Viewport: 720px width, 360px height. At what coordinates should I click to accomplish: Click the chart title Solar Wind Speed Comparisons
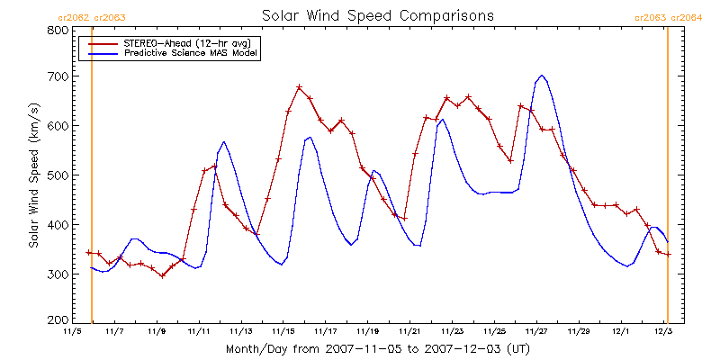[x=377, y=15]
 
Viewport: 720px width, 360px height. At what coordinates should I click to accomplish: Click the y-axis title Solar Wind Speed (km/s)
[x=33, y=175]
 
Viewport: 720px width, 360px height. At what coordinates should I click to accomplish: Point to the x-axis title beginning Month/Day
[x=377, y=349]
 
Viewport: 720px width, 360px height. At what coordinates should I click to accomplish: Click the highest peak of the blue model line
[x=543, y=76]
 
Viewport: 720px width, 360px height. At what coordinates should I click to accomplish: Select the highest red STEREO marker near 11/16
[x=300, y=86]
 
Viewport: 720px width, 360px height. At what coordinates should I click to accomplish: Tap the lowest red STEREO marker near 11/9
[x=162, y=276]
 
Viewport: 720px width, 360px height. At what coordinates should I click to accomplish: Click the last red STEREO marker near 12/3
[x=669, y=254]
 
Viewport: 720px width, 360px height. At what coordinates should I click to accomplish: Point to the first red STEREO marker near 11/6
[x=88, y=253]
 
